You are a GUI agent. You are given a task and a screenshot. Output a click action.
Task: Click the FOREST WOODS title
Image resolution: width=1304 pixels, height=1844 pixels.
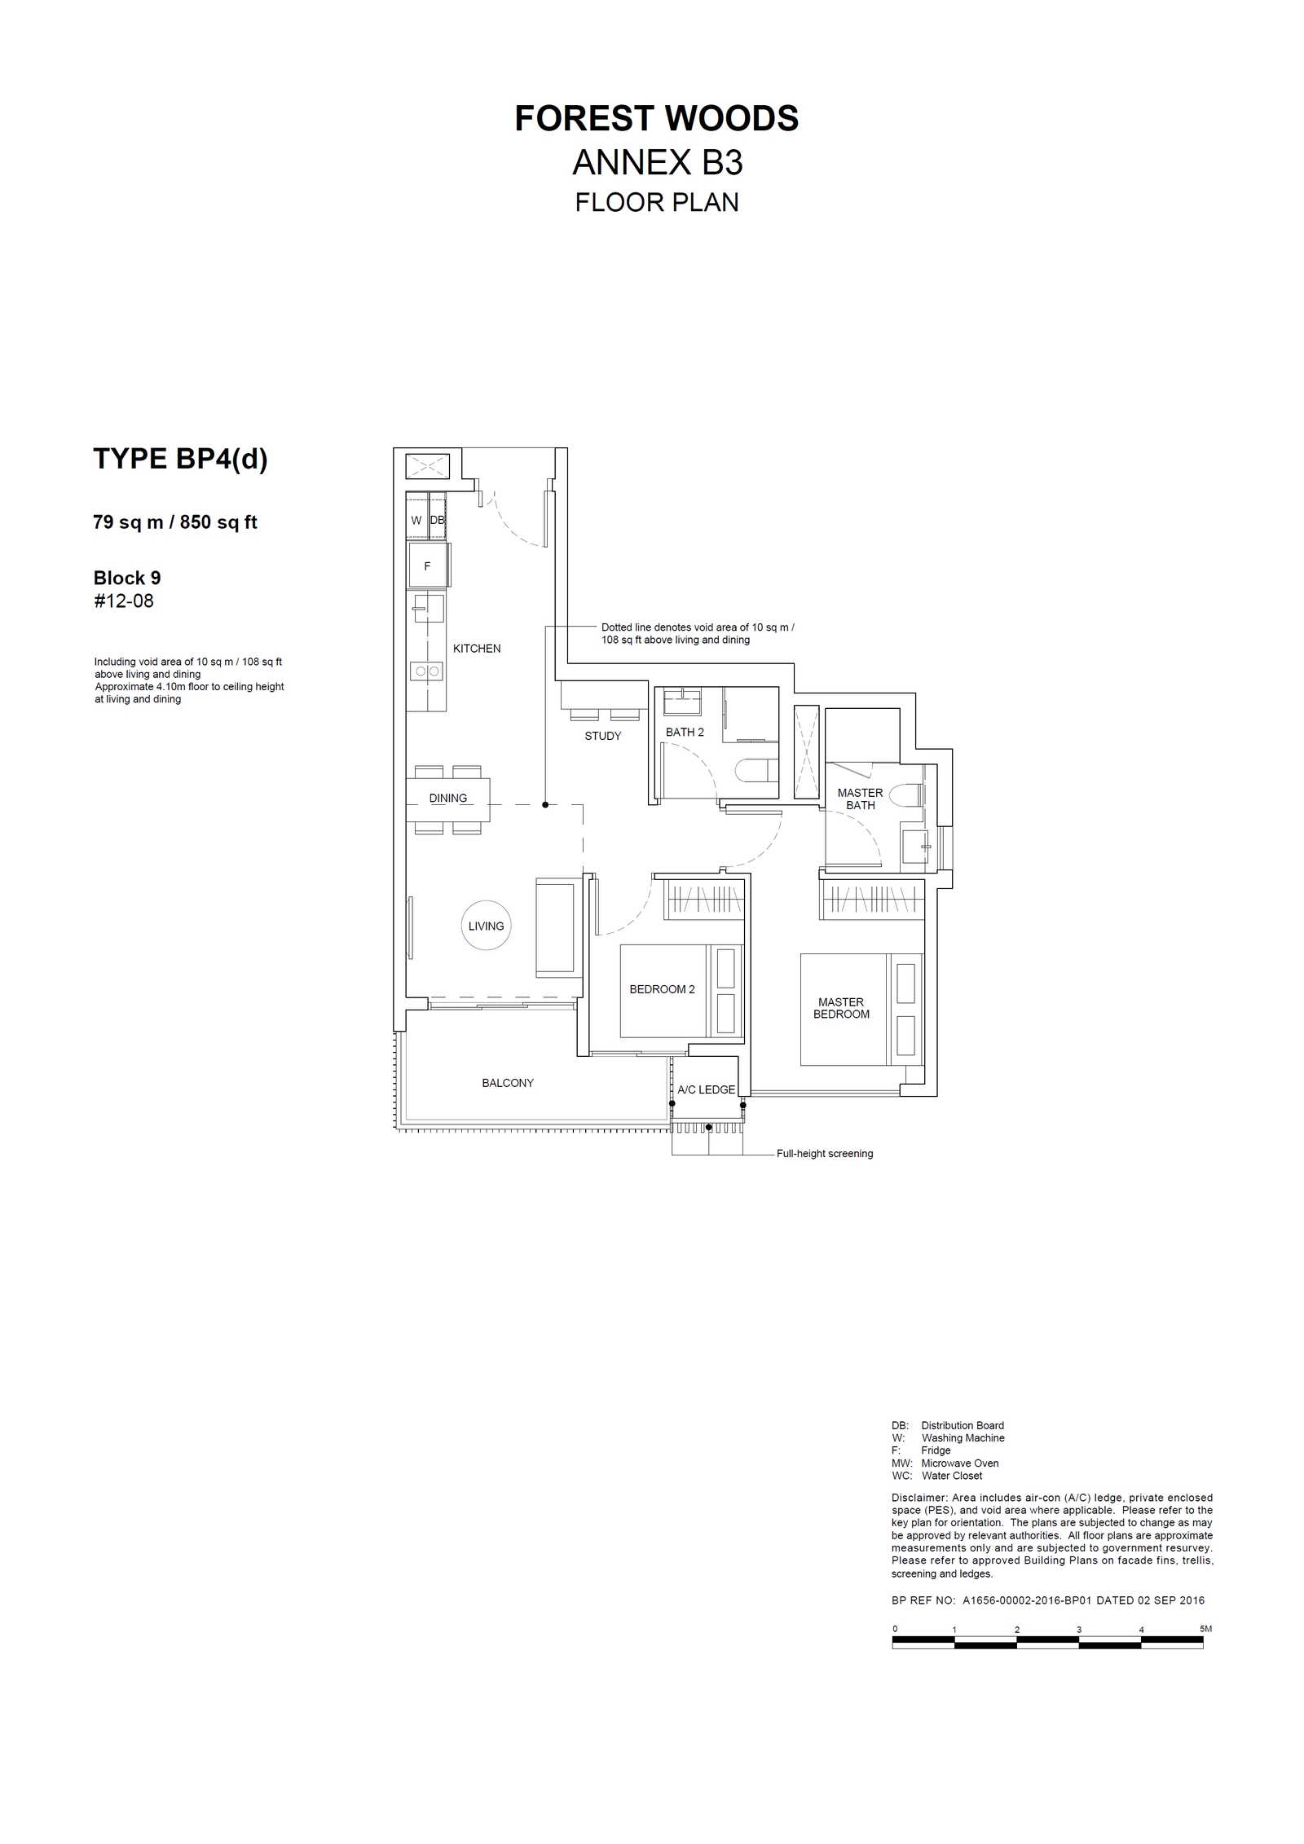point(656,118)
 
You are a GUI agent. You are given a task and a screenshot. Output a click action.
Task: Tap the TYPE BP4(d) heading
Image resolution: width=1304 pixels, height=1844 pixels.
point(180,459)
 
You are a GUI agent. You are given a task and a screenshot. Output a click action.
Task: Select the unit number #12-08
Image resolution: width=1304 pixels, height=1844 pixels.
point(124,601)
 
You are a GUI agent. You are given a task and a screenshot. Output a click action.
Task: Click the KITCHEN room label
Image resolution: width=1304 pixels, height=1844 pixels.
point(477,649)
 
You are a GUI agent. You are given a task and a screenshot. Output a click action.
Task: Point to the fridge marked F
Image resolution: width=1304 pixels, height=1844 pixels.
point(428,566)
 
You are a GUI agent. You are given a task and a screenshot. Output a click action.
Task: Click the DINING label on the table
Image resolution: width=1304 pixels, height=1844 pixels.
point(448,799)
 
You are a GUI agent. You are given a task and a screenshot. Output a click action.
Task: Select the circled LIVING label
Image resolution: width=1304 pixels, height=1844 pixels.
point(487,926)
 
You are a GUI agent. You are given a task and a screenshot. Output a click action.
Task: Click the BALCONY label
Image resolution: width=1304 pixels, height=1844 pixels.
point(508,1083)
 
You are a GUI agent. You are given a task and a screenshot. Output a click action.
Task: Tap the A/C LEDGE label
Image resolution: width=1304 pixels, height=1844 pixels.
point(707,1089)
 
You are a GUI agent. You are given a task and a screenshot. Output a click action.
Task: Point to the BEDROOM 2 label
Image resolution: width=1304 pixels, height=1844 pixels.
point(662,989)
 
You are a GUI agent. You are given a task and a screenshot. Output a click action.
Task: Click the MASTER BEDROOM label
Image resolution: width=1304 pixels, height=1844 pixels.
point(841,1008)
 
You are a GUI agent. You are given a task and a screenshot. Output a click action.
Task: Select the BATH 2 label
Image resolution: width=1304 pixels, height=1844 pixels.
point(685,733)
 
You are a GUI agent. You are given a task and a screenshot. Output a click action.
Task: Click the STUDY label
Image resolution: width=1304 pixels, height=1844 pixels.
point(602,736)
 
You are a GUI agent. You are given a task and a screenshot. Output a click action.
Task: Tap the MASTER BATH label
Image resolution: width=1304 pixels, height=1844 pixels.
point(860,799)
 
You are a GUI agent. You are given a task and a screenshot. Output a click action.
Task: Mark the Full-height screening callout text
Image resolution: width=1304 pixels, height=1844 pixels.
point(825,1154)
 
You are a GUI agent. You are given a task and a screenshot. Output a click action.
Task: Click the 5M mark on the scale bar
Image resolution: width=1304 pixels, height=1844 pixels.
point(1206,1629)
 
